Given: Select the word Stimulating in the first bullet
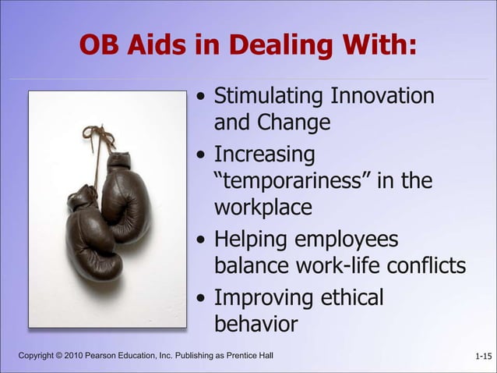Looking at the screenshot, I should click(269, 97).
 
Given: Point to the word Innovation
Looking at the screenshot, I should click(382, 97).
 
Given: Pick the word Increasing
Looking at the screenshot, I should click(264, 154).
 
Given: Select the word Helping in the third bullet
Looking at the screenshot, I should click(250, 240).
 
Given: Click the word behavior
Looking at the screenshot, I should click(256, 323).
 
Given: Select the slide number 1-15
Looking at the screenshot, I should click(483, 357).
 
